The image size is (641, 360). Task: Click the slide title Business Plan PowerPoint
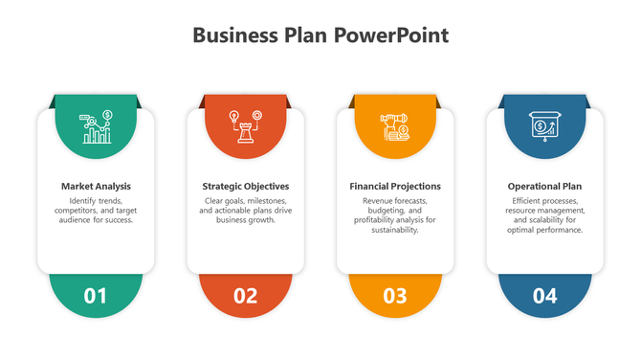coord(320,36)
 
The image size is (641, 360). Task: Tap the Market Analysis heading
coord(96,186)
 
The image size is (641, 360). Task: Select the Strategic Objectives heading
coord(246,186)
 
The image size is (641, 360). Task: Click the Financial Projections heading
coord(395,186)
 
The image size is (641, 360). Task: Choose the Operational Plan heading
coord(544,186)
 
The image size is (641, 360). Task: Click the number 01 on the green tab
coord(96,296)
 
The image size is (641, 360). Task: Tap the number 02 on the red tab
coord(246,296)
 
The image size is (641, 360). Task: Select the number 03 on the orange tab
coord(395,296)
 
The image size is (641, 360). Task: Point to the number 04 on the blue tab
coord(544,296)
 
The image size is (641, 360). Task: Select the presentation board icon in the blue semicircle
coord(544,126)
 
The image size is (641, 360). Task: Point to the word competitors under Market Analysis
coord(77,211)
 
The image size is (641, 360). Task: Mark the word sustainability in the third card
coord(395,230)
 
